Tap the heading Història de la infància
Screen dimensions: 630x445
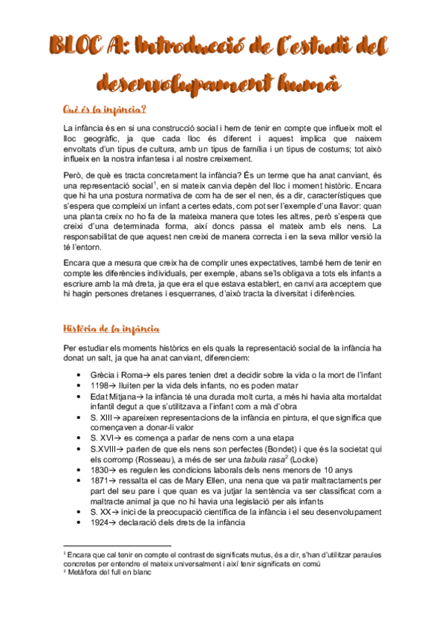(115, 329)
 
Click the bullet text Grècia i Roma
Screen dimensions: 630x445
(115, 374)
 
